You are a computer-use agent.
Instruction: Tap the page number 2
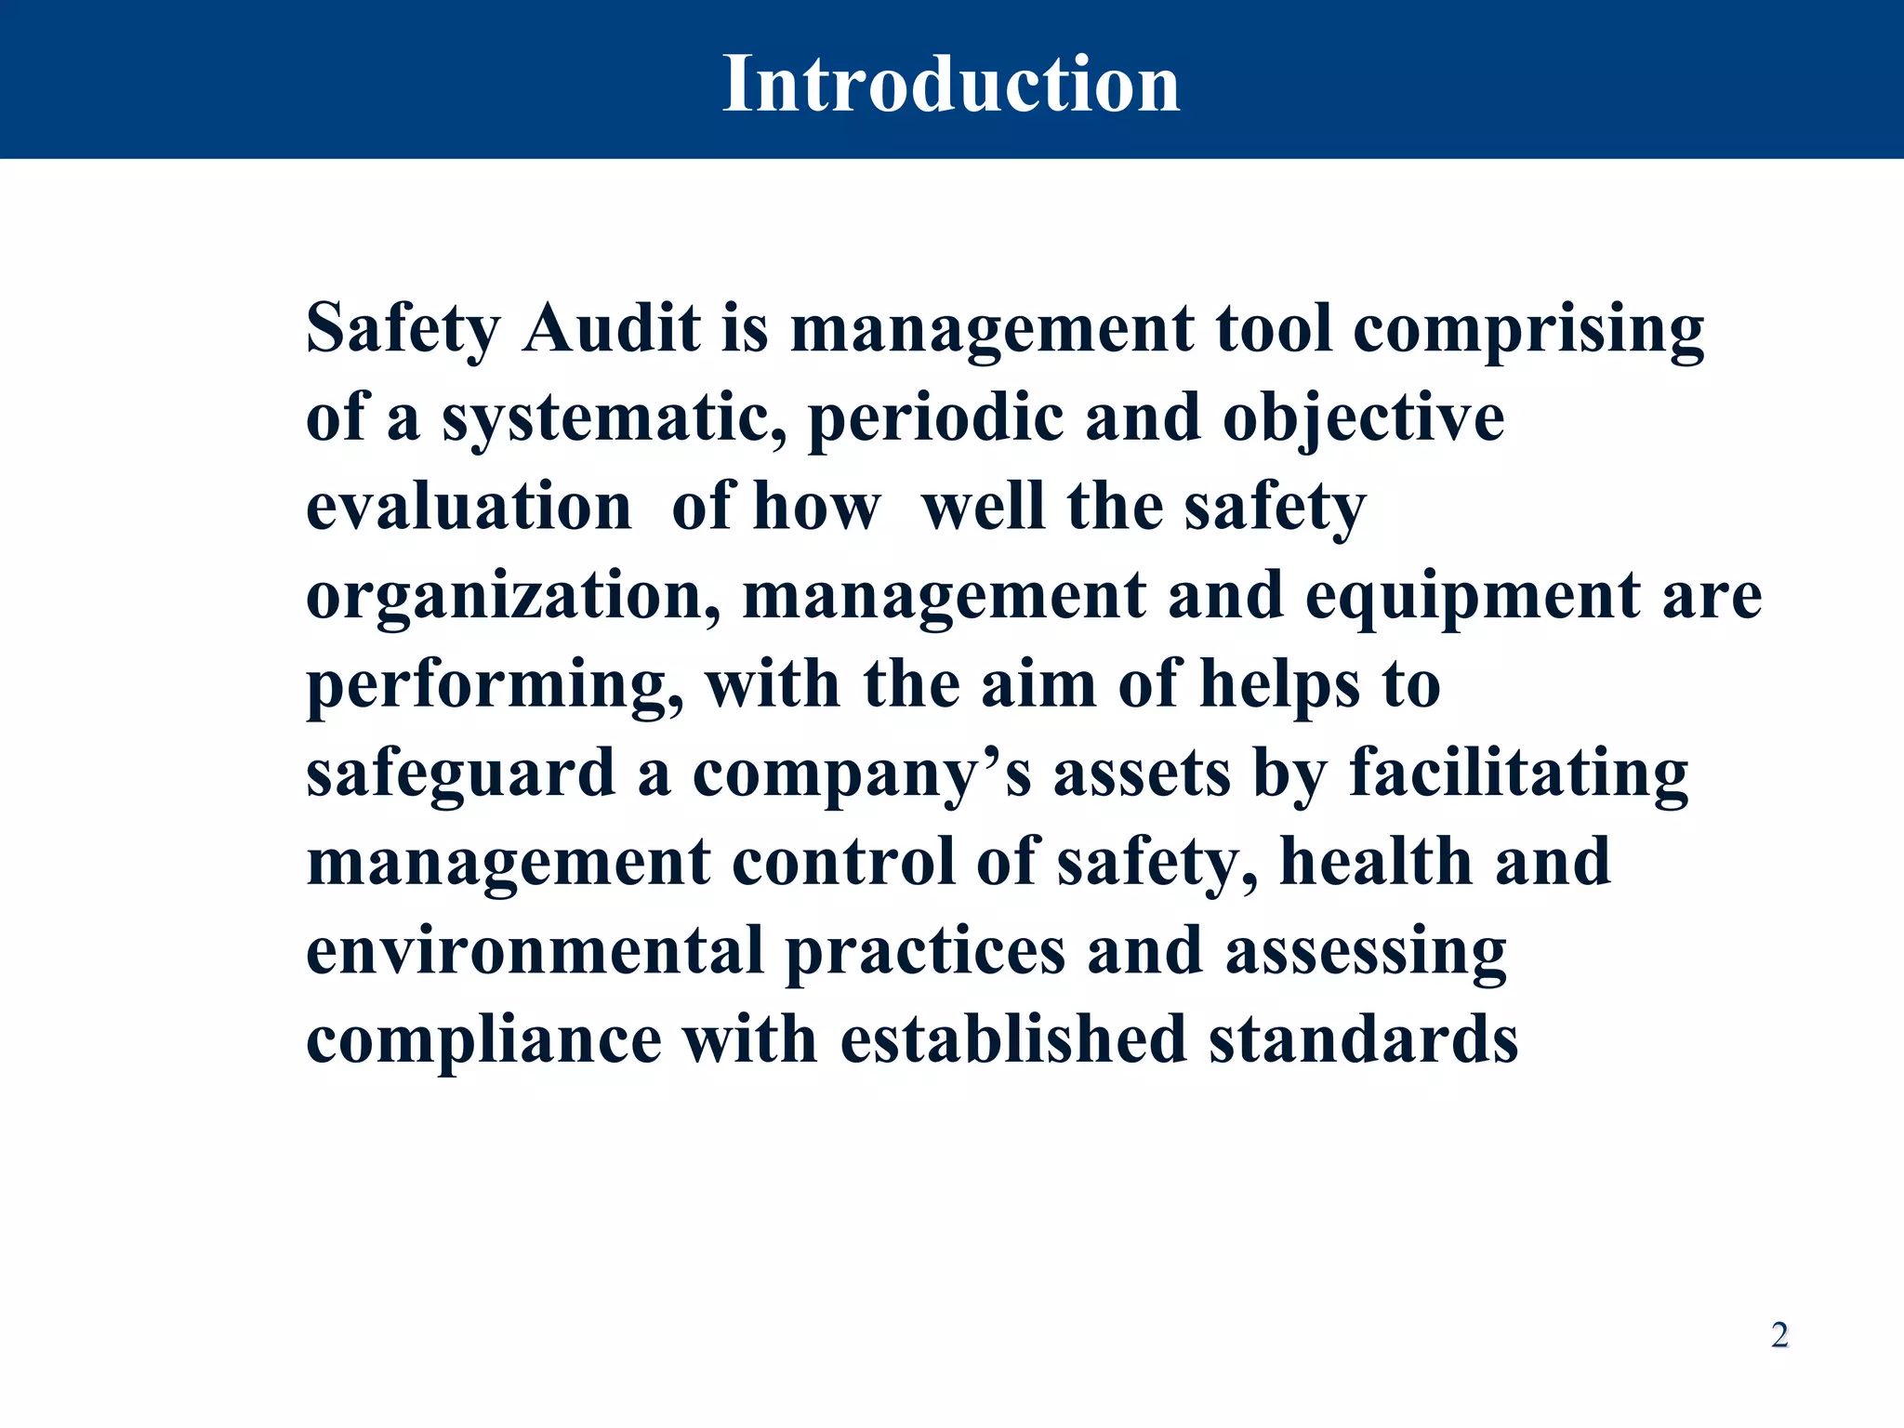pyautogui.click(x=1779, y=1335)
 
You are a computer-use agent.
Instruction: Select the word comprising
pyautogui.click(x=1528, y=330)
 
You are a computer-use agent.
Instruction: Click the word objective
pyautogui.click(x=1363, y=418)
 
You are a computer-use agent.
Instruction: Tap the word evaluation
pyautogui.click(x=469, y=507)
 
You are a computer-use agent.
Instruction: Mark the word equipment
pyautogui.click(x=1473, y=596)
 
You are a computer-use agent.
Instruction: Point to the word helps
pyautogui.click(x=1280, y=685)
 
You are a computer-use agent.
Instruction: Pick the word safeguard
pyautogui.click(x=461, y=773)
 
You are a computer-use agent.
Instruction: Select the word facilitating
pyautogui.click(x=1518, y=773)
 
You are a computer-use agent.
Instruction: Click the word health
pyautogui.click(x=1376, y=862)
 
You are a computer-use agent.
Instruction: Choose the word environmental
pyautogui.click(x=535, y=951)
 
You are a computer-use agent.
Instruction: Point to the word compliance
pyautogui.click(x=483, y=1039)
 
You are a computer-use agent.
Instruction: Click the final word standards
pyautogui.click(x=1363, y=1039)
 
